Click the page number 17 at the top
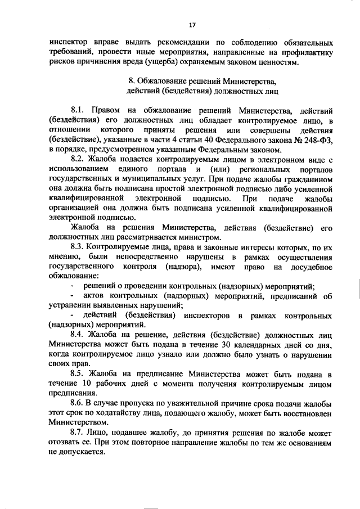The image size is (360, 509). (x=192, y=25)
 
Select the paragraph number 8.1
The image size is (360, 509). (x=78, y=110)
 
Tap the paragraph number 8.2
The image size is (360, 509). (x=78, y=160)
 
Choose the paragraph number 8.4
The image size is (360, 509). (x=78, y=334)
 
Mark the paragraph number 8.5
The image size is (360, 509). (x=78, y=374)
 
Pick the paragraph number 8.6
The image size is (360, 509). (x=78, y=404)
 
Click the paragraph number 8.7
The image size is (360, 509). (x=78, y=434)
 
